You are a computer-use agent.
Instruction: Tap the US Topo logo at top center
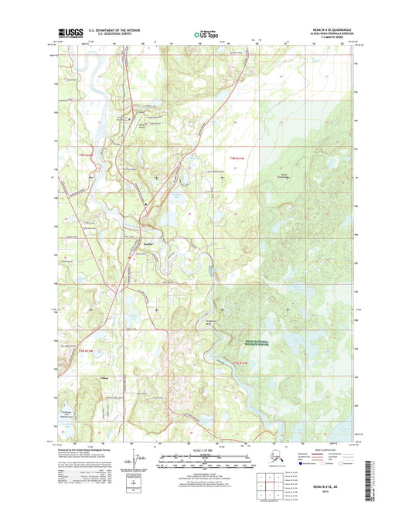point(206,33)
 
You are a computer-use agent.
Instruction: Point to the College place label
point(103,377)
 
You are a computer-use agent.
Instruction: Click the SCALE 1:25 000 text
point(206,450)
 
